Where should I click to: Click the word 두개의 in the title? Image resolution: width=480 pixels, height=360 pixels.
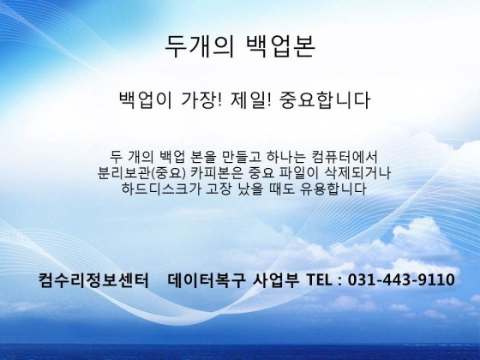[200, 46]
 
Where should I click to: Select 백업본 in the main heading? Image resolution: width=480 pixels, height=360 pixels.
[281, 46]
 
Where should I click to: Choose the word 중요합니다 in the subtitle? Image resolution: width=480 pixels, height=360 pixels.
[325, 99]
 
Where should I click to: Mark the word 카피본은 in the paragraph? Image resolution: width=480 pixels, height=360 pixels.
[217, 173]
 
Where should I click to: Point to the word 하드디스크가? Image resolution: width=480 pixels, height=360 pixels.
[161, 189]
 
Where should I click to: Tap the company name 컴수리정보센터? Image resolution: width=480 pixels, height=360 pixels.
[93, 279]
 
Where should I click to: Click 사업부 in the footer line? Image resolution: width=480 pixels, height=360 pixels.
[275, 279]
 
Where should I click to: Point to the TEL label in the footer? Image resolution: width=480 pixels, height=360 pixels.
[319, 279]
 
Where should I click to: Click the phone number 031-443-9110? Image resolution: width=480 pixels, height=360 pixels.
[401, 279]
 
